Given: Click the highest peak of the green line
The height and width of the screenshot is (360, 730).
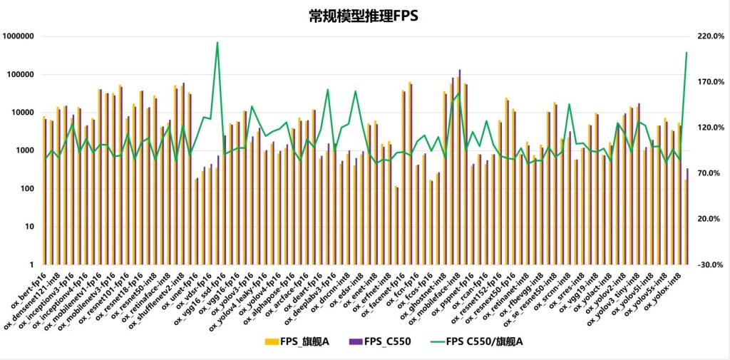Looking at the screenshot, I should click(x=217, y=43).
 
